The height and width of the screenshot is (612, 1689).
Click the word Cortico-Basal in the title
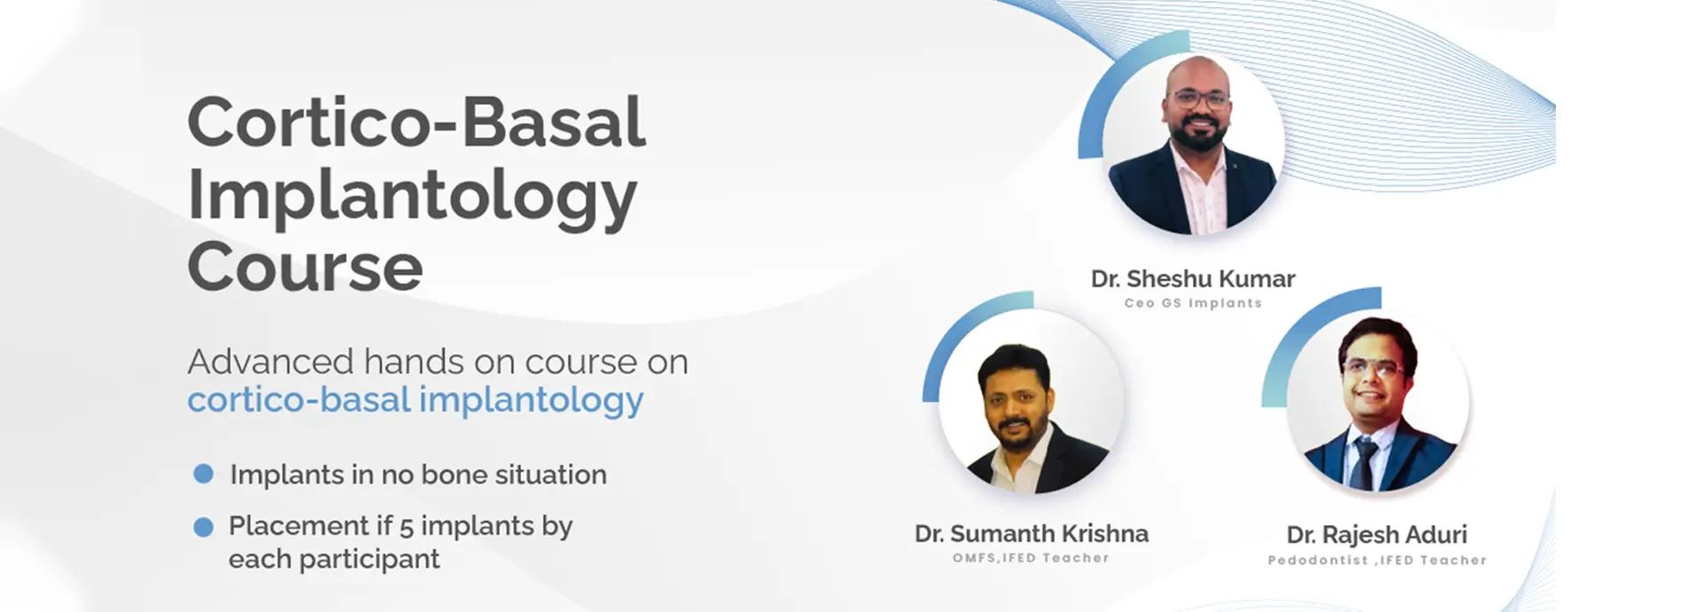click(x=416, y=122)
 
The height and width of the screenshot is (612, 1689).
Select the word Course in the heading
click(x=305, y=267)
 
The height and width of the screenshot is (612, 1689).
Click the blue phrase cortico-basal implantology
click(x=415, y=400)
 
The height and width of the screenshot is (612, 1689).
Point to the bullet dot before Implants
click(x=203, y=474)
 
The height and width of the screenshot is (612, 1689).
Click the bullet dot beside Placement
click(x=203, y=527)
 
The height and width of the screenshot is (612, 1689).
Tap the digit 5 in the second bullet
click(x=406, y=527)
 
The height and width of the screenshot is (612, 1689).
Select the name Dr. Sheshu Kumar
click(x=1193, y=279)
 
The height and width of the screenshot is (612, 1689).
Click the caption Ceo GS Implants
click(x=1193, y=303)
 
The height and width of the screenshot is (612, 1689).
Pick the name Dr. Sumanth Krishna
click(x=1031, y=533)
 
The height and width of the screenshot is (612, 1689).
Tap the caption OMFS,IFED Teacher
click(x=1031, y=558)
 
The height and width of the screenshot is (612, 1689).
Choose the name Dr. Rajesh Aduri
click(x=1377, y=535)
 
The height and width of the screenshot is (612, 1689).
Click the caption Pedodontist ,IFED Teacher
click(x=1377, y=561)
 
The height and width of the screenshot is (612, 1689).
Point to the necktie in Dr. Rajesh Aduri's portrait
click(x=1365, y=463)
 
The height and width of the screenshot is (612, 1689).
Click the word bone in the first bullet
click(x=455, y=475)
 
